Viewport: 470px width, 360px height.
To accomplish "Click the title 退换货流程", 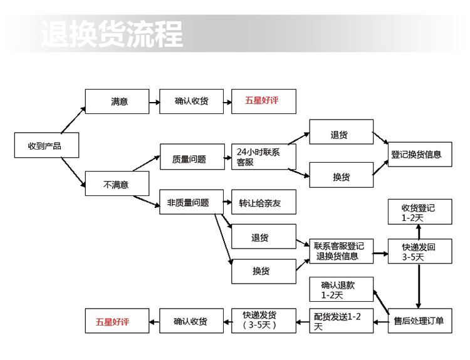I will click(x=112, y=34).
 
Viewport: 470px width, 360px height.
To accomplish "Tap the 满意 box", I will click(x=117, y=101).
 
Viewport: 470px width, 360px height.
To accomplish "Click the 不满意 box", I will click(x=117, y=184).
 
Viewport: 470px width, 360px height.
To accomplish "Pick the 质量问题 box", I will click(x=191, y=158).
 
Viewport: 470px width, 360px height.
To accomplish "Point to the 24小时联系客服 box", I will click(x=263, y=157).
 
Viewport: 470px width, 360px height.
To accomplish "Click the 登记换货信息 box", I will click(x=419, y=154).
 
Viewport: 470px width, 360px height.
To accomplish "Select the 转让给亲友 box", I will click(x=263, y=202).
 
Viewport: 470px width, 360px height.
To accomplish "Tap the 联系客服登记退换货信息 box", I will click(x=341, y=251).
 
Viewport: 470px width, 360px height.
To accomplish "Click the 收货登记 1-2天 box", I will click(x=419, y=212).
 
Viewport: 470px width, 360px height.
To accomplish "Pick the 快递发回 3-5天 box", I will click(x=419, y=251).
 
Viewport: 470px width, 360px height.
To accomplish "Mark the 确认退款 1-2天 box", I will click(x=341, y=289).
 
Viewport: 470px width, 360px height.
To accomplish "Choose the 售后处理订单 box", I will click(x=419, y=321).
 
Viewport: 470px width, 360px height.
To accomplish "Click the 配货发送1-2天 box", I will click(x=341, y=321).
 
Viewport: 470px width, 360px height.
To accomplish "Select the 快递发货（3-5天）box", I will click(x=263, y=321).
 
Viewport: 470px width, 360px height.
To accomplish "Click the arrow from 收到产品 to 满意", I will click(x=74, y=118).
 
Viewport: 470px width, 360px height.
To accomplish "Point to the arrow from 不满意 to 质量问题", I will click(x=145, y=163).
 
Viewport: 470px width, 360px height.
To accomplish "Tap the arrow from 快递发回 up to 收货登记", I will click(x=419, y=232).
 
